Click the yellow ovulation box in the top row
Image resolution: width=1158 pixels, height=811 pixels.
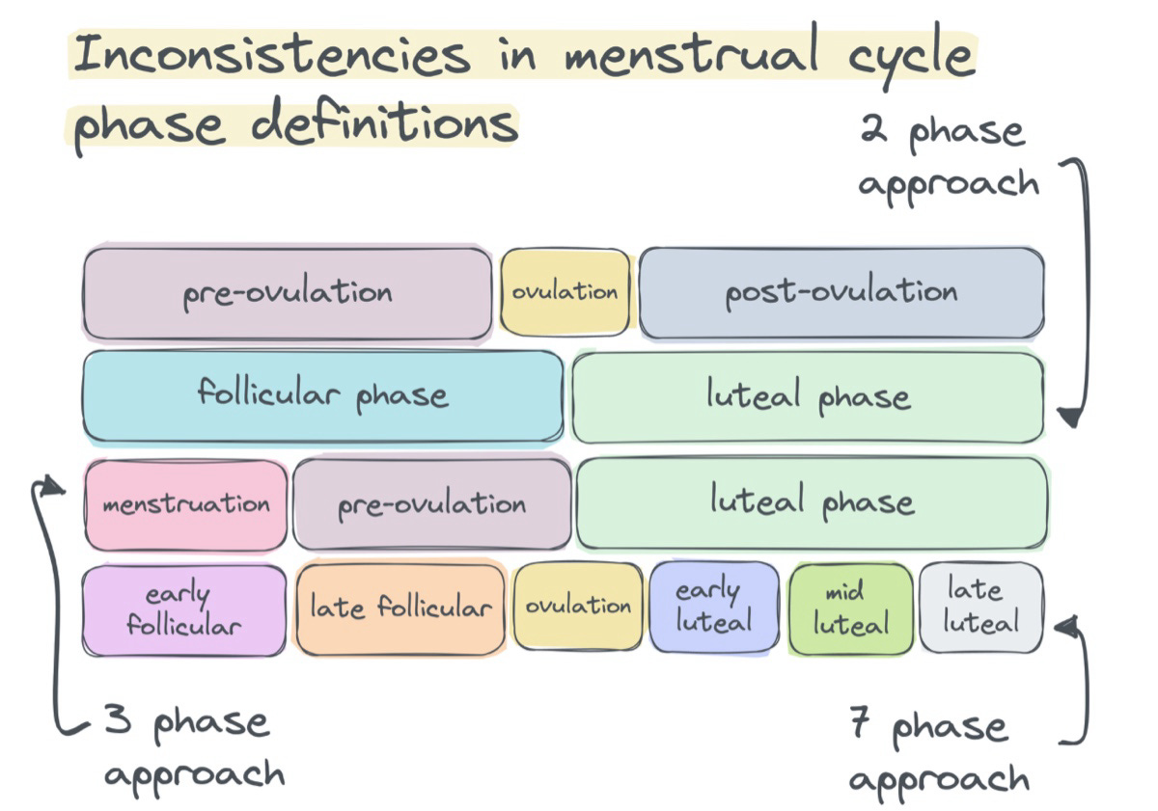click(565, 292)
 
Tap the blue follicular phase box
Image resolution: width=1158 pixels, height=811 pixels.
click(322, 396)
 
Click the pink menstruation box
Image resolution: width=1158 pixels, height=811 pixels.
click(186, 504)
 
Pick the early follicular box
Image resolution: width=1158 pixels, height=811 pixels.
click(183, 609)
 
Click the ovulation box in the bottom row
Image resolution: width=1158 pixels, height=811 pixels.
click(577, 607)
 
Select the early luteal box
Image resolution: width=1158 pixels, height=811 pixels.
click(713, 608)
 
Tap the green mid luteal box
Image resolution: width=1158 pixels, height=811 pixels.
click(850, 609)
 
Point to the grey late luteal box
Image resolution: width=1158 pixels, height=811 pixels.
click(980, 608)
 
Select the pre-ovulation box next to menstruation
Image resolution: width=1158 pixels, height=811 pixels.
click(431, 504)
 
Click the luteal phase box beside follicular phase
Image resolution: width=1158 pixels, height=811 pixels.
click(808, 396)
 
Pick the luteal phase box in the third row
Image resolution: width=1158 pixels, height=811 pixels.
click(812, 502)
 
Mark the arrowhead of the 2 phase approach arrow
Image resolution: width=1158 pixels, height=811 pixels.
click(1068, 418)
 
